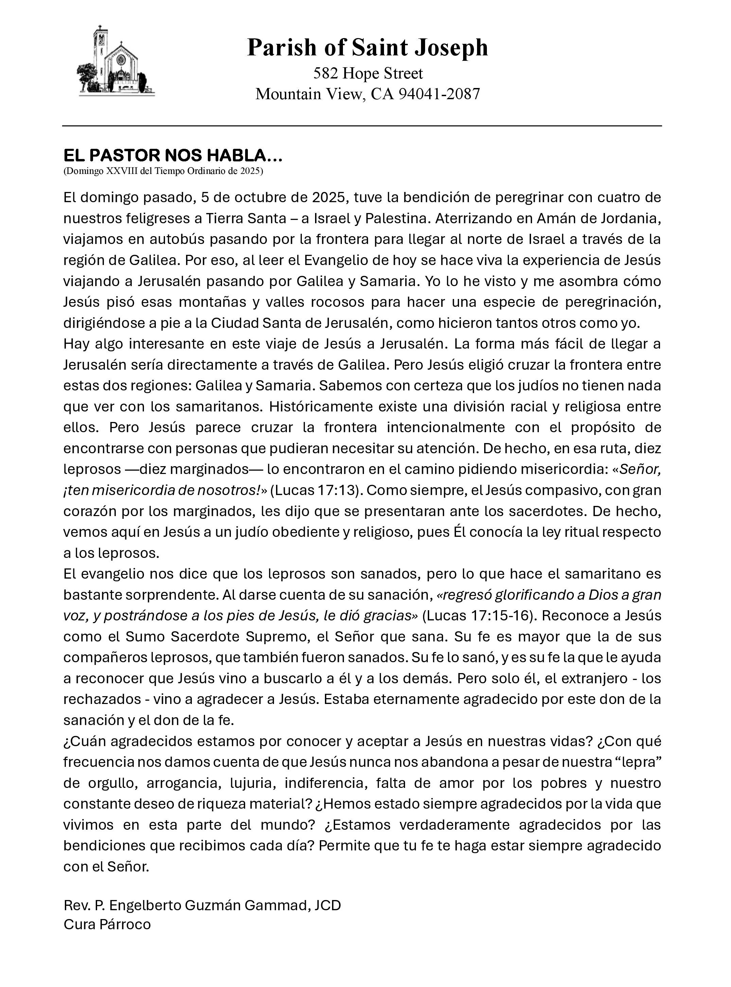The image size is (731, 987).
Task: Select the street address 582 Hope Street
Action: tap(368, 73)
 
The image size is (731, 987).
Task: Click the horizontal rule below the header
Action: tap(362, 126)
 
